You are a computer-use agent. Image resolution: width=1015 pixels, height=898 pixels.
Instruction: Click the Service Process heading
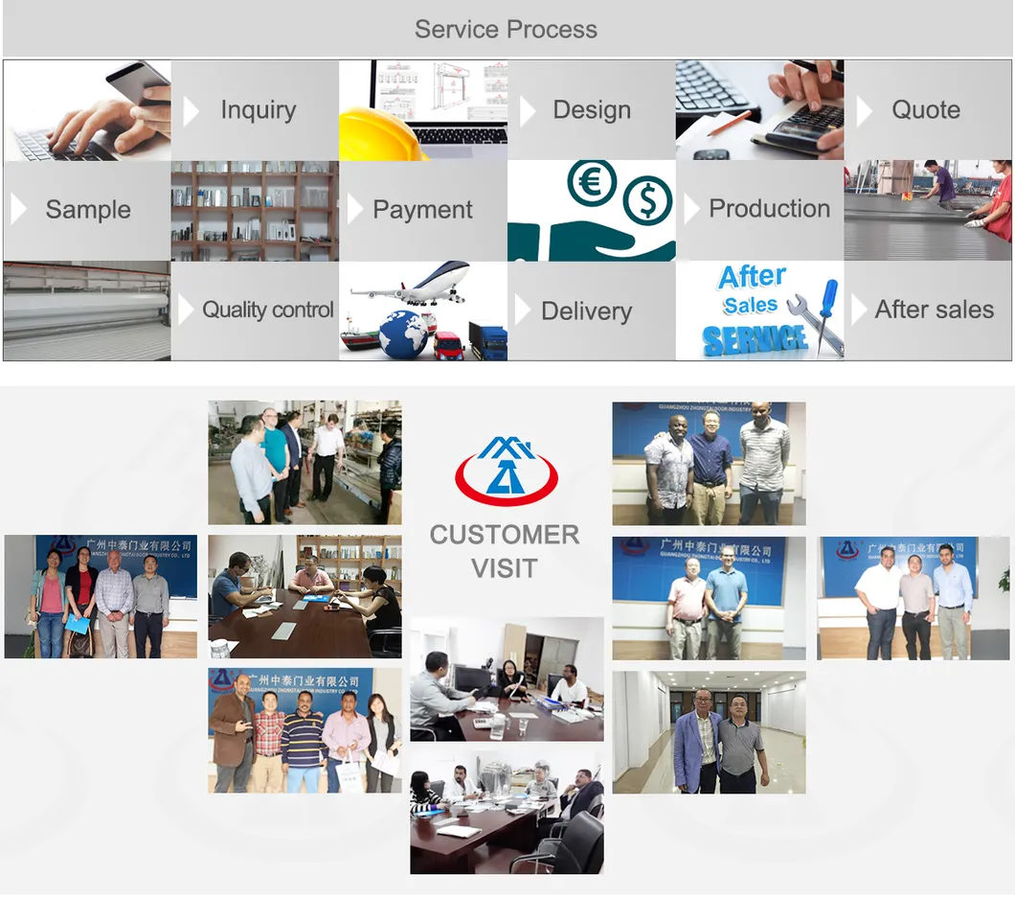point(506,30)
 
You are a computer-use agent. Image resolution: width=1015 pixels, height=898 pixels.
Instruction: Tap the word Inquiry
point(258,110)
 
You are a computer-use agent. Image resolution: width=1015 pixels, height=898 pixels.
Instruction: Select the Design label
point(592,110)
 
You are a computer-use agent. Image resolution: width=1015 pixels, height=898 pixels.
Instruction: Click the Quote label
point(925,110)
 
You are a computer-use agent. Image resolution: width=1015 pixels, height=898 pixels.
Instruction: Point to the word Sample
point(88,210)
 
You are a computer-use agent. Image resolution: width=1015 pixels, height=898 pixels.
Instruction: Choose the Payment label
point(422,210)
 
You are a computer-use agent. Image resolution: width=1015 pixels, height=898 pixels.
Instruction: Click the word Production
point(769,209)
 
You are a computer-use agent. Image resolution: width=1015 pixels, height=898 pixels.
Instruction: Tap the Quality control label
point(268,310)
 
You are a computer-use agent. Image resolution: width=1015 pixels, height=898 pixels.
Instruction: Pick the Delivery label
point(586,311)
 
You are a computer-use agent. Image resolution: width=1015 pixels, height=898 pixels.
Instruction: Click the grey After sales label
point(934,310)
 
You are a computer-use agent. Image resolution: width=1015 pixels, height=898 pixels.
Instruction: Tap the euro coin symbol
point(591,183)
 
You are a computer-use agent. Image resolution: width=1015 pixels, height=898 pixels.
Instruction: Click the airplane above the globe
point(412,284)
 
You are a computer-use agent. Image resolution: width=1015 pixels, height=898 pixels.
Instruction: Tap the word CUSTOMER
point(505,535)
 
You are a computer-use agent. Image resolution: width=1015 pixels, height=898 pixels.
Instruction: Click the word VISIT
point(505,568)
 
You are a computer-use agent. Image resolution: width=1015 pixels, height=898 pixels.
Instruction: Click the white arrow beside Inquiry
point(191,111)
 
